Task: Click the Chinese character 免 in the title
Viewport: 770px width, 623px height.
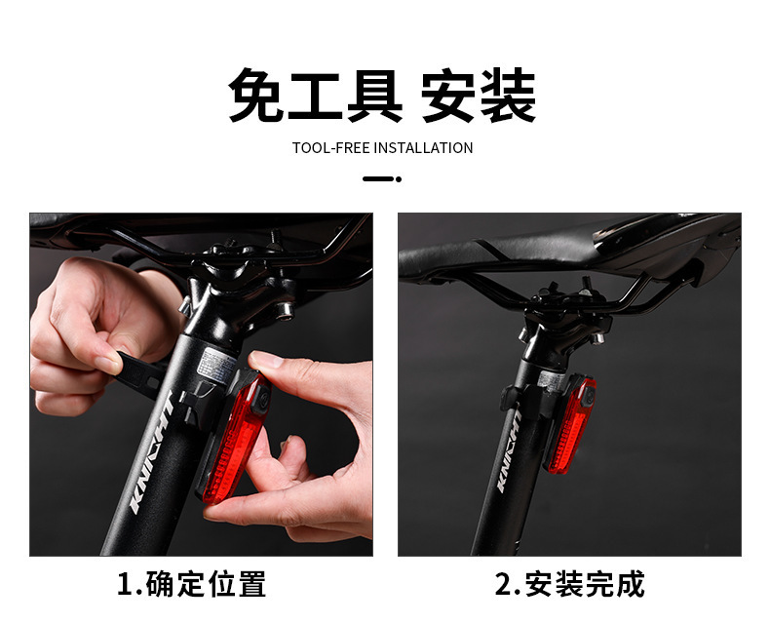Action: [x=255, y=96]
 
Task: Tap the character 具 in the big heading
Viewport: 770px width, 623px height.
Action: [x=375, y=96]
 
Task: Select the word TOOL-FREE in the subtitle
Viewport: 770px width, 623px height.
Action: [x=331, y=148]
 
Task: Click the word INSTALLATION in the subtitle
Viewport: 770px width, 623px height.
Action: [x=424, y=148]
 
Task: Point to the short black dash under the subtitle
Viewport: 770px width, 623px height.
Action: [x=382, y=178]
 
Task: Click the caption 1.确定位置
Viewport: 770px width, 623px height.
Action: [x=191, y=584]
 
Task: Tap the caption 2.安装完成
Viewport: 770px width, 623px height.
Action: [x=569, y=584]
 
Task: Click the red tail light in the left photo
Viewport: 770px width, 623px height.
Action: [x=235, y=439]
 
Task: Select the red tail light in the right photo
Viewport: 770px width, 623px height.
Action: [x=570, y=424]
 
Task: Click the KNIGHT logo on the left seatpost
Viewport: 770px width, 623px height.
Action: [x=151, y=452]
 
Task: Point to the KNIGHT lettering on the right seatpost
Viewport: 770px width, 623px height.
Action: [x=509, y=451]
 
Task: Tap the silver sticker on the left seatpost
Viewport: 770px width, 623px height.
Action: [x=217, y=364]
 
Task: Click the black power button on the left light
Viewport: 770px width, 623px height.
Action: [x=262, y=397]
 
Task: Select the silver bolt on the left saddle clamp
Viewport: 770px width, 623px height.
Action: [x=285, y=310]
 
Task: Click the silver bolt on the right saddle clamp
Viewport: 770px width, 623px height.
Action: [x=597, y=338]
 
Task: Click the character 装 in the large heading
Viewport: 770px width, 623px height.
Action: [x=508, y=96]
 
